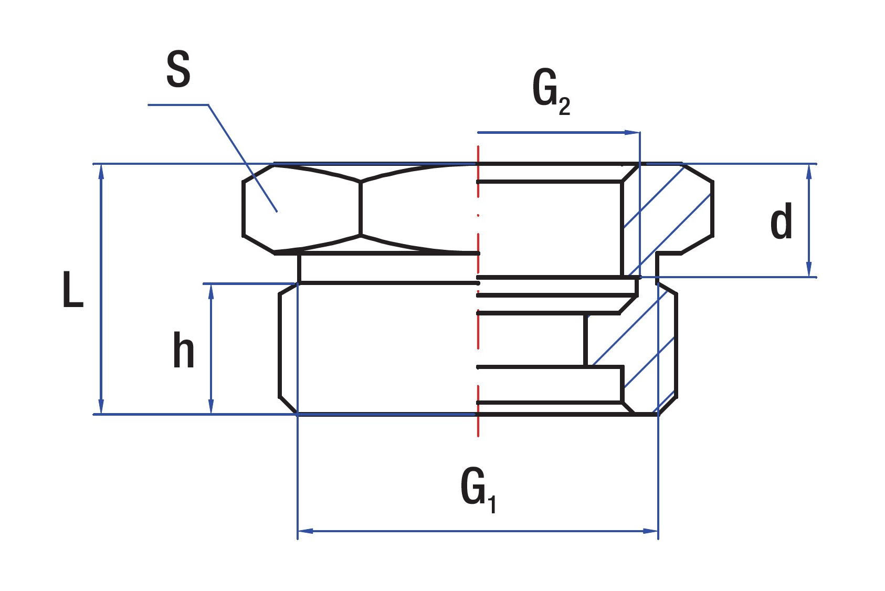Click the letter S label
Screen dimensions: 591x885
click(178, 70)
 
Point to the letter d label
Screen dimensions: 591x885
click(781, 223)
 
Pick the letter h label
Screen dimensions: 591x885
click(184, 350)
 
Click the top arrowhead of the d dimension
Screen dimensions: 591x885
click(809, 171)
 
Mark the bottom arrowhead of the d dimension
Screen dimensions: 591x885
click(809, 270)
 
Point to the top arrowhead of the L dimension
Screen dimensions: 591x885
click(101, 171)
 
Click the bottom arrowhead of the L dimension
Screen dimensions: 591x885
click(101, 408)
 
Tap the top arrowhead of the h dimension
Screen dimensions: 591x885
click(211, 290)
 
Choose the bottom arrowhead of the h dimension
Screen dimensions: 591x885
click(211, 408)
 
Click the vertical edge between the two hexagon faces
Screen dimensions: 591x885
click(361, 208)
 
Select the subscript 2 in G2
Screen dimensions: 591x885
click(564, 107)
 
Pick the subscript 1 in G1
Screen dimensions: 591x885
click(492, 504)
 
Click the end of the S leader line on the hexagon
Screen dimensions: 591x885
click(276, 211)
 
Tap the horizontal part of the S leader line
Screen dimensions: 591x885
click(178, 105)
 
